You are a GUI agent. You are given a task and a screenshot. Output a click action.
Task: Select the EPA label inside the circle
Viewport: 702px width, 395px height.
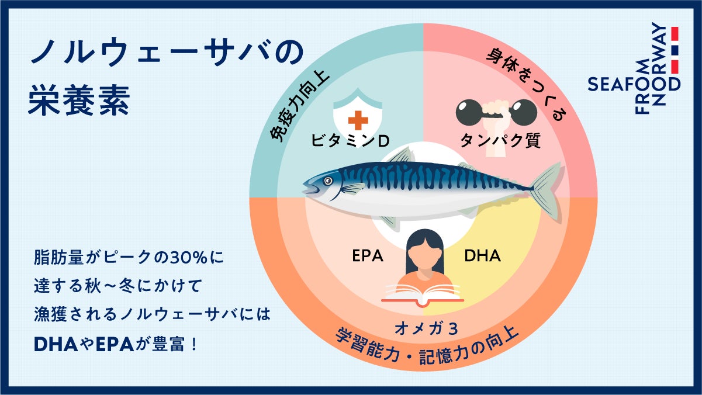pyautogui.click(x=368, y=256)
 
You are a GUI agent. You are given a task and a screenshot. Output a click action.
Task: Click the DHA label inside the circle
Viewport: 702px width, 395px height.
pyautogui.click(x=482, y=256)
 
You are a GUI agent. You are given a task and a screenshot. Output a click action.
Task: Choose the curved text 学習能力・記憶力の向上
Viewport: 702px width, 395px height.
pyautogui.click(x=427, y=351)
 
